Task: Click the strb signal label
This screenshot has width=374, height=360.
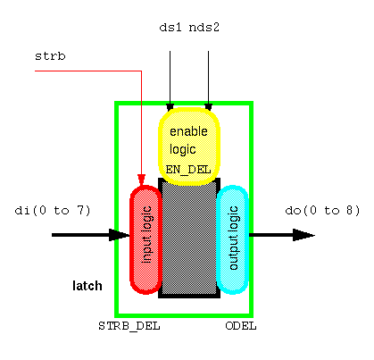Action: (50, 56)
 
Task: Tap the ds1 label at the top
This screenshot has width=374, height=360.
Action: (170, 27)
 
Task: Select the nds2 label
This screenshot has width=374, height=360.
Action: (204, 27)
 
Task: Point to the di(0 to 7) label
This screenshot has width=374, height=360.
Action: (53, 211)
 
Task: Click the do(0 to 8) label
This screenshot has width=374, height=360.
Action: (322, 211)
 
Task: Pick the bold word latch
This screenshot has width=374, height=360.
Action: (87, 286)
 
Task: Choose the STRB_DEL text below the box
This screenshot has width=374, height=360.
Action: (129, 326)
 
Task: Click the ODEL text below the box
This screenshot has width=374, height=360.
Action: (241, 326)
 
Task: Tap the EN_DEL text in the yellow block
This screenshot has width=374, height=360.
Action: (188, 170)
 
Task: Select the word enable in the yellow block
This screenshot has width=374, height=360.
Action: (188, 131)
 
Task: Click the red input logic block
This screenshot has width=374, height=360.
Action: (145, 239)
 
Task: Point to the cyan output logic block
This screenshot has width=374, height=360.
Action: (233, 239)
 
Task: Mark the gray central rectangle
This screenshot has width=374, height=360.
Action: (189, 239)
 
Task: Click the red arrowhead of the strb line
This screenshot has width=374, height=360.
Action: (141, 180)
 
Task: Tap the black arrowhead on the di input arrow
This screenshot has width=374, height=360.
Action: (120, 235)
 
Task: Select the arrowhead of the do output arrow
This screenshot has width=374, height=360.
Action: (303, 235)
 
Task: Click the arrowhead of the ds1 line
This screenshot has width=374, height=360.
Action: (170, 107)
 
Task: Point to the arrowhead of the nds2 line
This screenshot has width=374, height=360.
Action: (208, 107)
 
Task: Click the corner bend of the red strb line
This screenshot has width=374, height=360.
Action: (141, 71)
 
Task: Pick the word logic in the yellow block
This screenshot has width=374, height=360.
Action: (183, 149)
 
